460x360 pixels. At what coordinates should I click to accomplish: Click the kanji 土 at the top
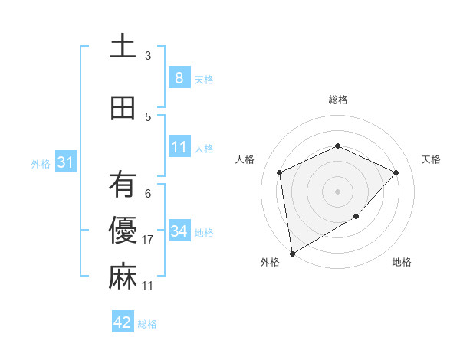point(123,47)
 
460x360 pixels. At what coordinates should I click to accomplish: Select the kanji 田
point(123,109)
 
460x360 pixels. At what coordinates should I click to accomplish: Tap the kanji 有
point(123,185)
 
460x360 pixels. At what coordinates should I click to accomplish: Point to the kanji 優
point(123,231)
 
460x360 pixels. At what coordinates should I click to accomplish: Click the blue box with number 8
point(179,77)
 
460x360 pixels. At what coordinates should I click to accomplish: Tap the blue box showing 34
point(179,231)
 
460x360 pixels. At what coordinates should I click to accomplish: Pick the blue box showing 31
point(65,162)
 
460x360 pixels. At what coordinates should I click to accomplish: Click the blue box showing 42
point(122,322)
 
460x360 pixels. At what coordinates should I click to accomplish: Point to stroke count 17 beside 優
point(149,240)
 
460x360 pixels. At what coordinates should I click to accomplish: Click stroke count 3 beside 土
point(148,56)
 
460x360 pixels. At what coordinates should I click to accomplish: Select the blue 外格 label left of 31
point(41,163)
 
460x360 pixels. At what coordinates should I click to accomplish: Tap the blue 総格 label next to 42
point(147,324)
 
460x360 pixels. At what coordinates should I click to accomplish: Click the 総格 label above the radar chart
point(338,100)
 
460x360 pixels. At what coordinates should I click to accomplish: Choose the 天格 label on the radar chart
point(431,159)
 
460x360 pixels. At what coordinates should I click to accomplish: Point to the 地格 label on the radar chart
point(402,263)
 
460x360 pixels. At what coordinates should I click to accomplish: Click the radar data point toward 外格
point(292,253)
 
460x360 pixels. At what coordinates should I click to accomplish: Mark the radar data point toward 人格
point(280,172)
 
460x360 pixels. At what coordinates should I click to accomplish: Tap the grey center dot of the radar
point(338,191)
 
